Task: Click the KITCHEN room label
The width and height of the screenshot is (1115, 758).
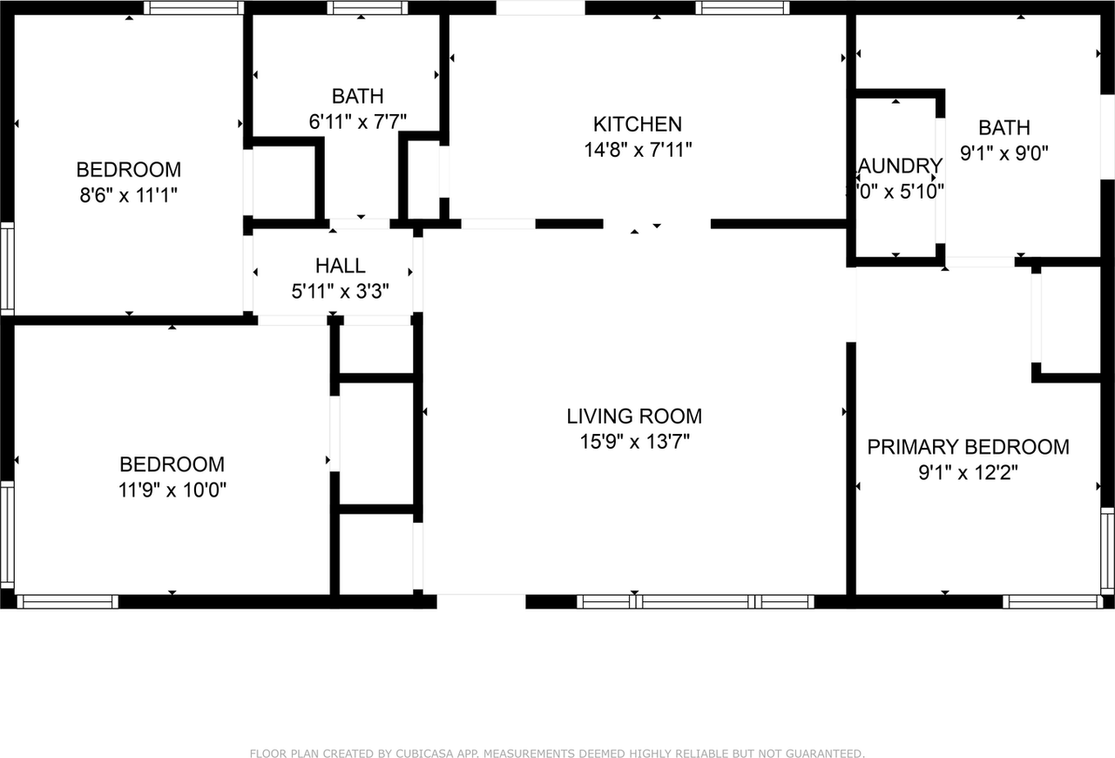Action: (637, 124)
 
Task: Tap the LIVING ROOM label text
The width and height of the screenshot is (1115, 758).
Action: (634, 416)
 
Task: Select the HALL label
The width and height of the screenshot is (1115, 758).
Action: (340, 266)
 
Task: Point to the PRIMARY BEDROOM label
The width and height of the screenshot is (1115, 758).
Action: (968, 447)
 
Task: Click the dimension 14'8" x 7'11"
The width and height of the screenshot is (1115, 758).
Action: (637, 150)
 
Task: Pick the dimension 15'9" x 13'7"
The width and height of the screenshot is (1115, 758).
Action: (634, 442)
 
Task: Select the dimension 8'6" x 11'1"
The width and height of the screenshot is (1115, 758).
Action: (129, 195)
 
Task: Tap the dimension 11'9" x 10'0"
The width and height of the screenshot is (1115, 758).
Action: (172, 490)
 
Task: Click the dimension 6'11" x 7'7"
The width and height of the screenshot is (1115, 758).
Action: (357, 122)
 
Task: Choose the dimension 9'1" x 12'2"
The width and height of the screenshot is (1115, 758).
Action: (968, 472)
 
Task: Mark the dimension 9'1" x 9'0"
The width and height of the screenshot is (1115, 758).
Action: (1003, 153)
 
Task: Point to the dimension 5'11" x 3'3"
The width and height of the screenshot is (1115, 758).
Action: (340, 291)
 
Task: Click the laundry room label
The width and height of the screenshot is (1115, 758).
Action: (900, 166)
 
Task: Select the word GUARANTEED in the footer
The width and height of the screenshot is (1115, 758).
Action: (824, 754)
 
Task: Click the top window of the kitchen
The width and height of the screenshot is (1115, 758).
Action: (742, 8)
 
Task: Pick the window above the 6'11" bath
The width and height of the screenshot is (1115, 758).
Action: (367, 8)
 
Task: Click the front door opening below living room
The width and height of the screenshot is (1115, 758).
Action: (481, 601)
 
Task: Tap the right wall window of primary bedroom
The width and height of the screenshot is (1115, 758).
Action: (1107, 550)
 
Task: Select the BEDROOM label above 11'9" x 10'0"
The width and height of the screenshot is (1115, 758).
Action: (172, 464)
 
